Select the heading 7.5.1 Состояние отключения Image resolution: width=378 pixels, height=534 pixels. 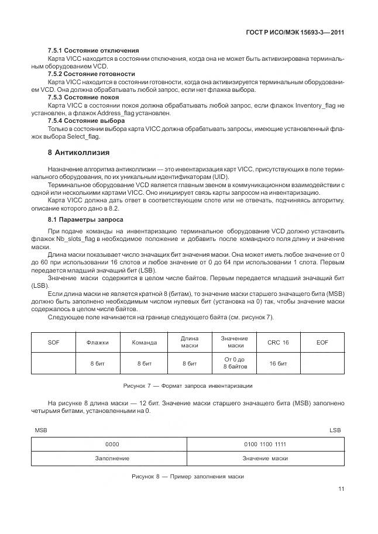pyautogui.click(x=93, y=50)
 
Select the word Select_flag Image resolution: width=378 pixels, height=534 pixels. pyautogui.click(x=83, y=137)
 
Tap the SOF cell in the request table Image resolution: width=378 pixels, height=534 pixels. pyautogui.click(x=53, y=342)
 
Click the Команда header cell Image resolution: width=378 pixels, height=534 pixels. pyautogui.click(x=144, y=342)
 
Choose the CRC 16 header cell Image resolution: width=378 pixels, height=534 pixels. pyautogui.click(x=278, y=342)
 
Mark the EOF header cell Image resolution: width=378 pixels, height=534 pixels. pyautogui.click(x=322, y=342)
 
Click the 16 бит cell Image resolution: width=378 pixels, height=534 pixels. pyautogui.click(x=278, y=363)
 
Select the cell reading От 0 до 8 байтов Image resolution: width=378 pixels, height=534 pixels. pyautogui.click(x=234, y=363)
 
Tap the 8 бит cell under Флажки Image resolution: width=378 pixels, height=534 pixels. pyautogui.click(x=97, y=363)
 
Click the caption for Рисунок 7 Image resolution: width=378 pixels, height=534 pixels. pyautogui.click(x=188, y=386)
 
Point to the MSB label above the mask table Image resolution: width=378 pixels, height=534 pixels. pyautogui.click(x=40, y=430)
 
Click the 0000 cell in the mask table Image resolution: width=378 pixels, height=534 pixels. pyautogui.click(x=112, y=444)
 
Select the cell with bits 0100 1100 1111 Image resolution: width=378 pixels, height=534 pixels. pyautogui.click(x=265, y=444)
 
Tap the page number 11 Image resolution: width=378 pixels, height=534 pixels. pyautogui.click(x=341, y=489)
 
